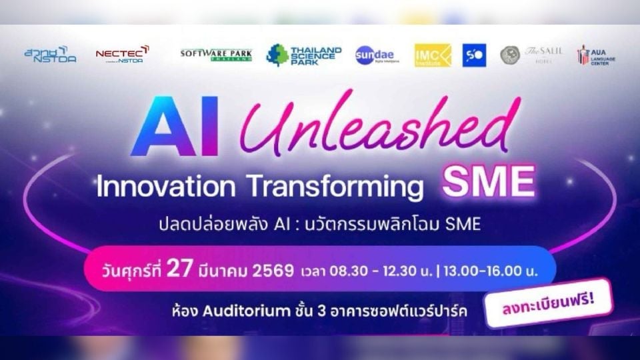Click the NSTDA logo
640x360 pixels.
(x=50, y=55)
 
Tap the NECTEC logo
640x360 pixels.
(x=122, y=54)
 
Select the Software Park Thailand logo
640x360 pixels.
(x=215, y=55)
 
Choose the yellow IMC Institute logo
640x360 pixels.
(x=433, y=55)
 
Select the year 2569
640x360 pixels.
(x=271, y=271)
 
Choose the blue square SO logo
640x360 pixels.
(x=474, y=55)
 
